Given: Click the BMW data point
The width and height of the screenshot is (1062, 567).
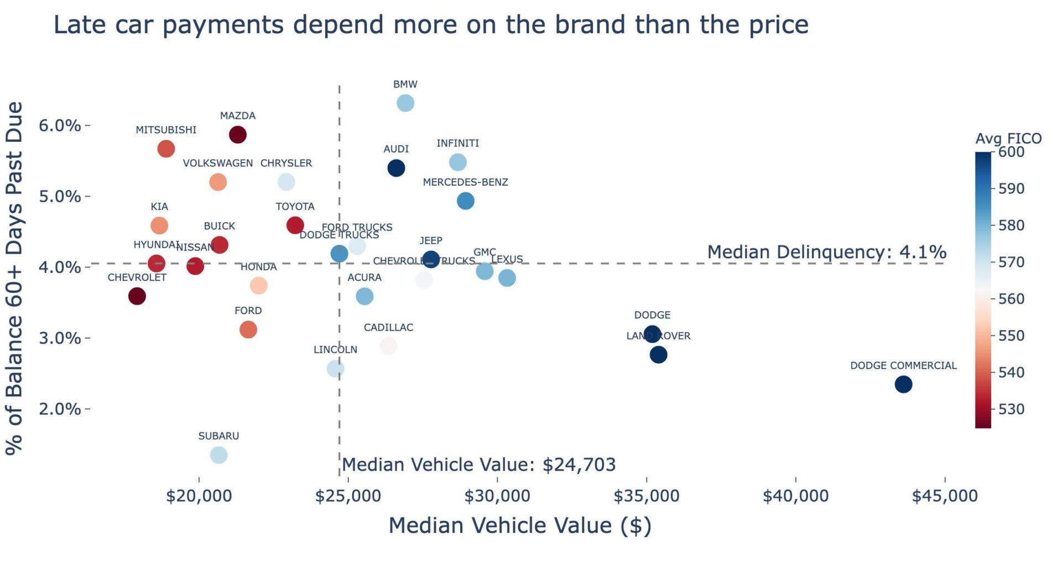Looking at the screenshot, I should pos(405,103).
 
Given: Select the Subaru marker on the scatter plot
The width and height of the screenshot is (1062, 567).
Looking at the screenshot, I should pos(219,455).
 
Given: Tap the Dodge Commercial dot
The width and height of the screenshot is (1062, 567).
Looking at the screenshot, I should pos(903,384).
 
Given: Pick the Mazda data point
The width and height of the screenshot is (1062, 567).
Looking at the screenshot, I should pos(238,135).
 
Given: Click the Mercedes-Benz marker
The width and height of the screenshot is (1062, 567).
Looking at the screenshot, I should pos(466,201).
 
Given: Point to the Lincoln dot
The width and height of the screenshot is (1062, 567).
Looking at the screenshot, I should pos(336,369).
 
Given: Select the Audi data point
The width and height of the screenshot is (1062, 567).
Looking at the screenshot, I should pos(396,168).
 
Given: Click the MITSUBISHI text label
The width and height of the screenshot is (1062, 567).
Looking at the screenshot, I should pos(166,130).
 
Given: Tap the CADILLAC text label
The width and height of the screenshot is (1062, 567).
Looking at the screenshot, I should pos(388,328).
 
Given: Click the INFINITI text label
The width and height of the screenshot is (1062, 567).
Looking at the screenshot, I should pos(457,143).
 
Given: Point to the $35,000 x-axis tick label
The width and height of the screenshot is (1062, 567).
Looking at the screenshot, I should pos(646,496).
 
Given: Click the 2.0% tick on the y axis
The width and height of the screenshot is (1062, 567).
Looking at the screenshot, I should pos(60,409).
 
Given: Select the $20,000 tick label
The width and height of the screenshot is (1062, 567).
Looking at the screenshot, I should pos(199,496).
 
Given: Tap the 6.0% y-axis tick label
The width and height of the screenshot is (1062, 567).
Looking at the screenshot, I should pos(60,126).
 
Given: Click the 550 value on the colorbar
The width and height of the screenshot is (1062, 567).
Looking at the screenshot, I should pos(1011,336).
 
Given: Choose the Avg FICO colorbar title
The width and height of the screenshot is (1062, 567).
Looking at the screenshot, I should pos(1008,138).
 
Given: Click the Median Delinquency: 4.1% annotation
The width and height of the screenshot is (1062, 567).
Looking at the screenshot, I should pos(826,252).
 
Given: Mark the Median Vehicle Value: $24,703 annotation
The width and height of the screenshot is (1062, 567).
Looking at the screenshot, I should pos(479,465).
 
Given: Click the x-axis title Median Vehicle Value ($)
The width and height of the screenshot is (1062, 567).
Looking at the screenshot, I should pos(520,525).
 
